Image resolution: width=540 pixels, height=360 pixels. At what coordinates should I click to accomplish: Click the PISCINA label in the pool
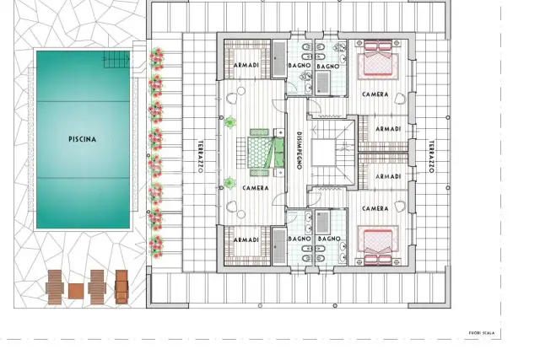click(x=83, y=139)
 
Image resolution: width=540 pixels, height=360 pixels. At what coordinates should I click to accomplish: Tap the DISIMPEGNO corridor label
click(x=299, y=151)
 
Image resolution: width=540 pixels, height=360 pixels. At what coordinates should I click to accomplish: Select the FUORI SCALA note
click(x=482, y=333)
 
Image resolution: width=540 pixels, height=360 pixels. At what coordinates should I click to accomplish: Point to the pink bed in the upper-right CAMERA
click(x=378, y=58)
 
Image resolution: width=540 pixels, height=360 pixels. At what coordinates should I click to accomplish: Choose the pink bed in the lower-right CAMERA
click(x=378, y=245)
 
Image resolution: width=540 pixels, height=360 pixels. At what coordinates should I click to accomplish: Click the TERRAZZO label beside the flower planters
click(x=201, y=156)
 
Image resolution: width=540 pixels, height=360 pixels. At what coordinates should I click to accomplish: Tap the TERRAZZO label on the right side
click(x=431, y=156)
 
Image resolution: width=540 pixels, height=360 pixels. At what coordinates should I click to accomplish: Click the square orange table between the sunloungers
click(x=76, y=291)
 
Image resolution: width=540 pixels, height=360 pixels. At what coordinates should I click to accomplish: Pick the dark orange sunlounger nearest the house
click(x=121, y=287)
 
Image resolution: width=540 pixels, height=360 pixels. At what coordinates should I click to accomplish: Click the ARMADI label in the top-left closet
click(x=246, y=65)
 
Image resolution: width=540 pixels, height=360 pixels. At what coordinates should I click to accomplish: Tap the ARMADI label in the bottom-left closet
click(x=246, y=240)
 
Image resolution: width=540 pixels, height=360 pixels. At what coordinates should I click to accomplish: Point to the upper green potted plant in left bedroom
click(x=230, y=122)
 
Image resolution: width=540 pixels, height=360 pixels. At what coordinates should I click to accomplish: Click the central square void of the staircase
click(x=323, y=153)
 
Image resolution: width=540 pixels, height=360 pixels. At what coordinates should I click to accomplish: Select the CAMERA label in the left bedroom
click(x=255, y=188)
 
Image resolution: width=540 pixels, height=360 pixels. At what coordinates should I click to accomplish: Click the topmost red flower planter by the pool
click(x=157, y=58)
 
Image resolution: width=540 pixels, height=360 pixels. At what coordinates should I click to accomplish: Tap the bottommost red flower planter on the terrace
click(x=156, y=246)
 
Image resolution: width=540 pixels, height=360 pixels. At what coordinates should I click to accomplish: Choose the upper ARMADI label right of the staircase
click(x=388, y=129)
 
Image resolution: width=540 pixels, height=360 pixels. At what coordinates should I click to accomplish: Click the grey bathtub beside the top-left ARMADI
click(x=279, y=59)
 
